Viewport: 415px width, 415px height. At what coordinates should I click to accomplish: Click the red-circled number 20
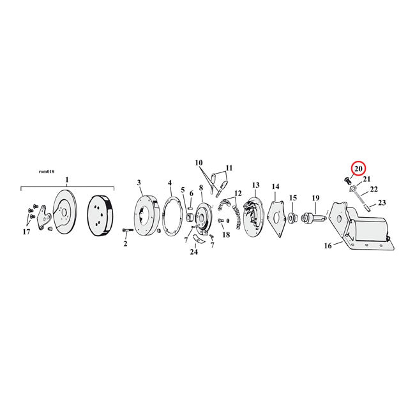click(x=358, y=169)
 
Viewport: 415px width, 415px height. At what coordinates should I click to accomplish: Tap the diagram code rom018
click(x=47, y=172)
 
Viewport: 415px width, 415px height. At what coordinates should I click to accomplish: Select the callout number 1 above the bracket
click(x=67, y=179)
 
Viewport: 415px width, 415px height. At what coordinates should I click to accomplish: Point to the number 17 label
click(x=26, y=232)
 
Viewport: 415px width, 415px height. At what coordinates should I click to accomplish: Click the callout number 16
click(x=328, y=246)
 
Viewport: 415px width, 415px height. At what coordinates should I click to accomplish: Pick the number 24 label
click(x=193, y=252)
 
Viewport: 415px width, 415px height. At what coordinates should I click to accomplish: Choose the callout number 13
click(x=256, y=185)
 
